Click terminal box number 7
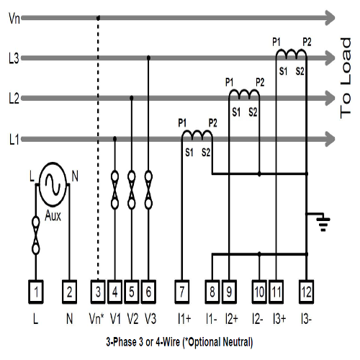(x=182, y=292)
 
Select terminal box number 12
(x=306, y=292)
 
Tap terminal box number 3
(x=98, y=292)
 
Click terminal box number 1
(x=36, y=292)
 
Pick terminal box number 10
(x=259, y=292)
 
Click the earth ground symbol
(x=323, y=221)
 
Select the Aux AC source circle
(x=53, y=184)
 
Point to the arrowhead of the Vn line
(x=330, y=18)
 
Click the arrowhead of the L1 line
(x=330, y=139)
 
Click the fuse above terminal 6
(x=148, y=189)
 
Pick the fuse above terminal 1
(x=36, y=235)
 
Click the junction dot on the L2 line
(x=132, y=98)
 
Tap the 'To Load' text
(x=346, y=78)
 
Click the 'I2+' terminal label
(x=232, y=319)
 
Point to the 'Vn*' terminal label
(x=96, y=319)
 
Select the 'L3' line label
(x=14, y=58)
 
